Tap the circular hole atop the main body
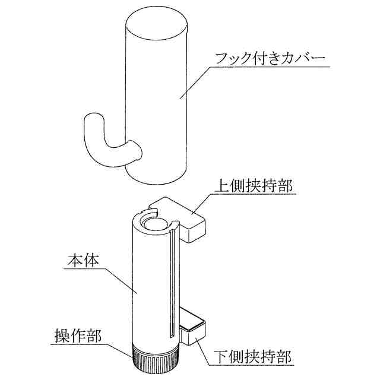pyautogui.click(x=154, y=223)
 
